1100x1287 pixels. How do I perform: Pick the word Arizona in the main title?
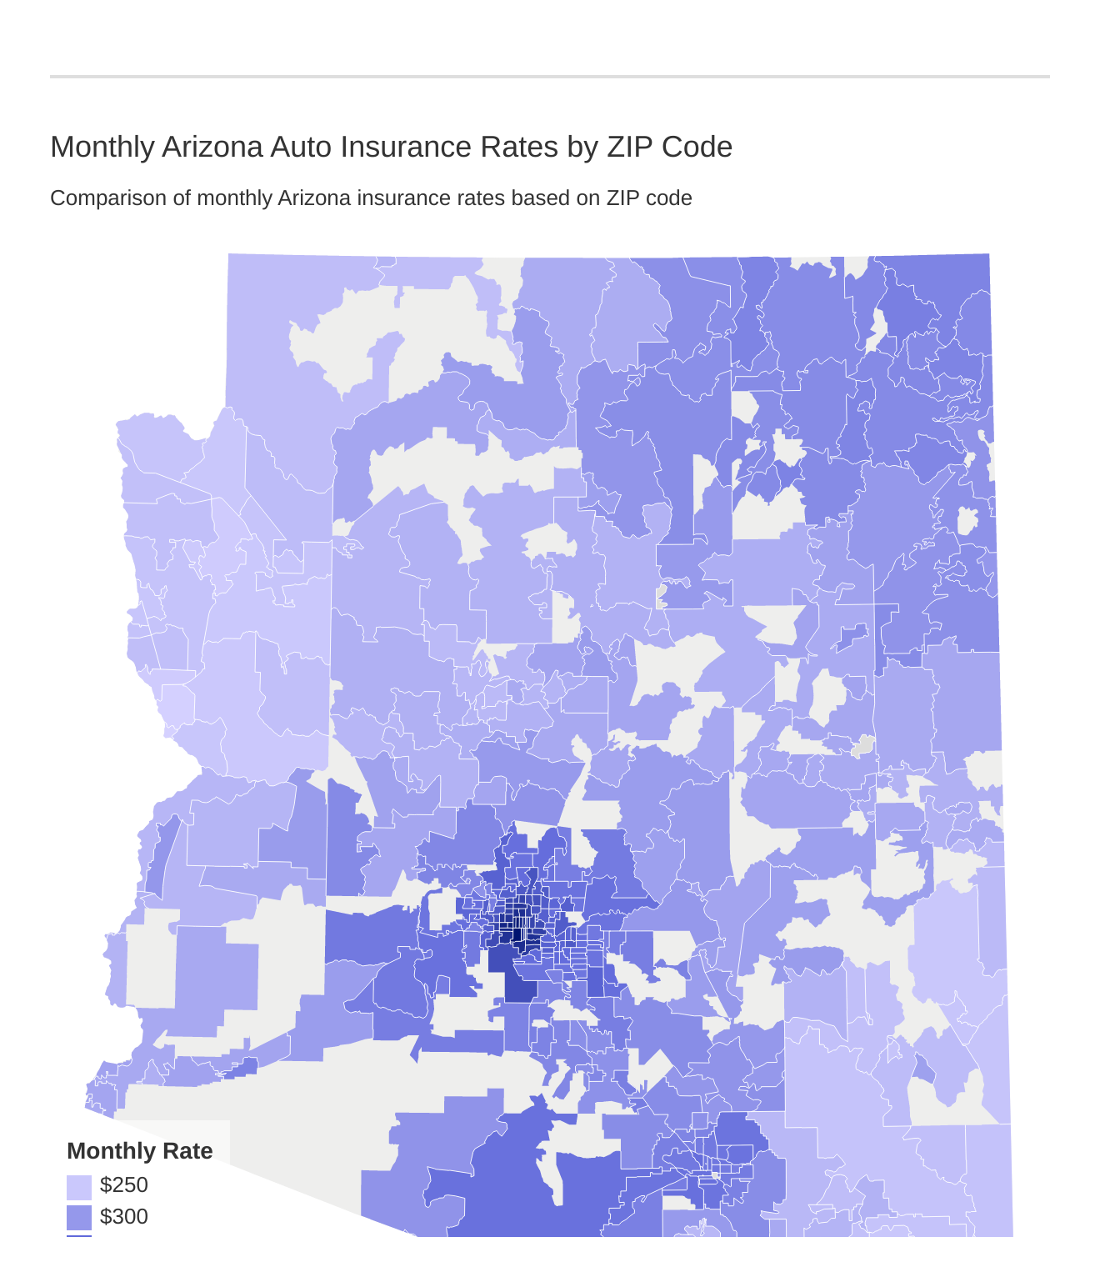coord(212,148)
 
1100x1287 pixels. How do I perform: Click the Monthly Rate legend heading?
coord(139,1151)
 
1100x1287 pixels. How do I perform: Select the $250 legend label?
coord(123,1184)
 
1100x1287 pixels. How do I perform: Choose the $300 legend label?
coord(123,1217)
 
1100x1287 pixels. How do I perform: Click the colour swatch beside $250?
coord(79,1186)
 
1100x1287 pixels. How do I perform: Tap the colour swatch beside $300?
coord(79,1218)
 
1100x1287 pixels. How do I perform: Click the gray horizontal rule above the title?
coord(550,77)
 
